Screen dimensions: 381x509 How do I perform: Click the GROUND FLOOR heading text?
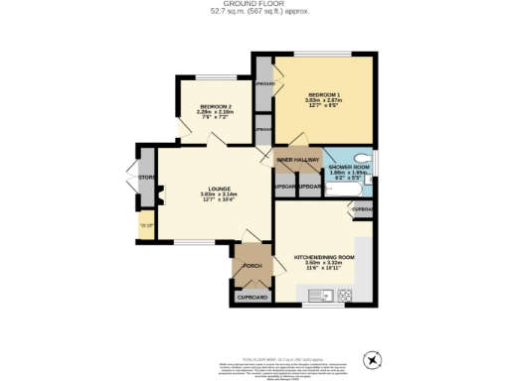pyautogui.click(x=254, y=4)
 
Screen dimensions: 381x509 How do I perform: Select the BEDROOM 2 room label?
pyautogui.click(x=216, y=106)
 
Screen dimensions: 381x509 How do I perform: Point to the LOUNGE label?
pyautogui.click(x=208, y=189)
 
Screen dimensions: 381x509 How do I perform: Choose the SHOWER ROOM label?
pyautogui.click(x=350, y=168)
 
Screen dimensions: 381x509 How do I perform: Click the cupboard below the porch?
pyautogui.click(x=252, y=297)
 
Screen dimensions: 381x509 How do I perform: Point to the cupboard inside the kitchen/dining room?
pyautogui.click(x=361, y=210)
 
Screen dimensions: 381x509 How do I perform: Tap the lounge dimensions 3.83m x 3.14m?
pyautogui.click(x=208, y=195)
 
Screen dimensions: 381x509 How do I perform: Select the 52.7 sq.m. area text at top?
pyautogui.click(x=254, y=12)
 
